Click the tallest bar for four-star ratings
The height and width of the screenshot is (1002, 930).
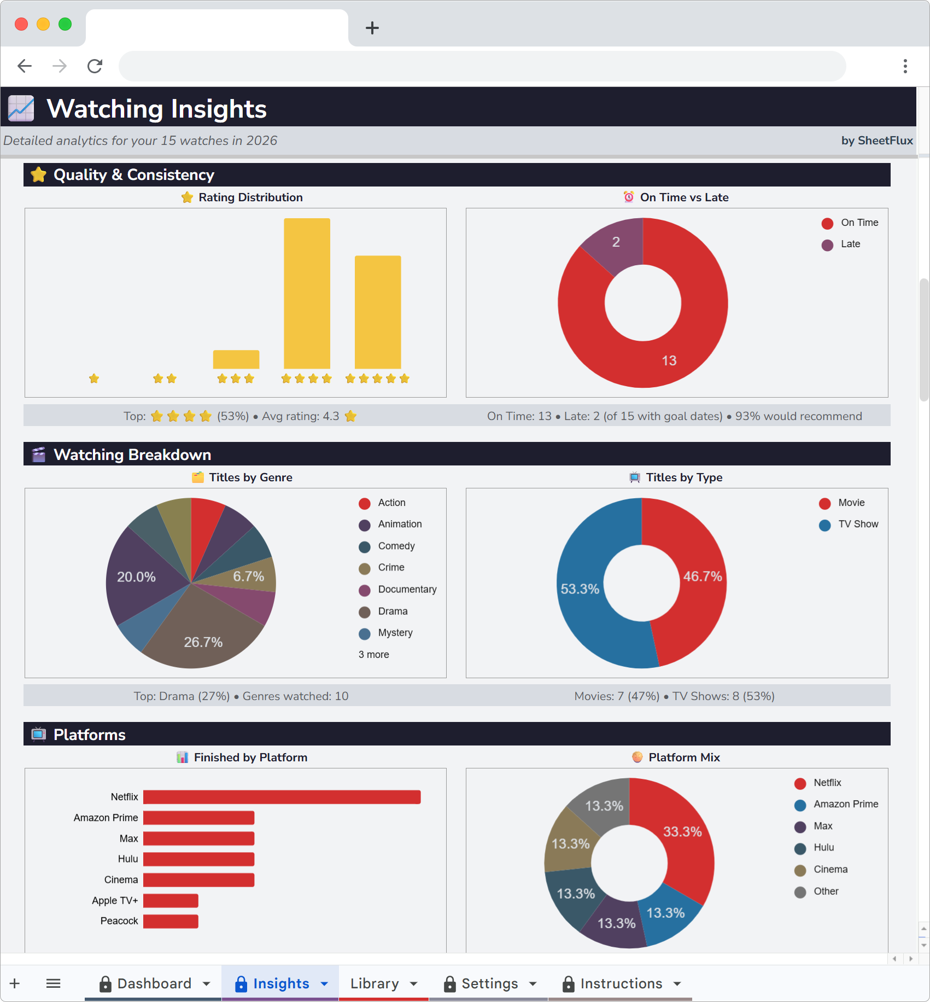coord(307,293)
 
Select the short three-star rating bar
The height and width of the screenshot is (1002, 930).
coord(236,359)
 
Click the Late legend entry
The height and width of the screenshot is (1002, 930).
coord(850,244)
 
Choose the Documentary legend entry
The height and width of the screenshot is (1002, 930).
coord(407,589)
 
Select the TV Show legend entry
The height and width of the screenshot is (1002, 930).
coord(858,524)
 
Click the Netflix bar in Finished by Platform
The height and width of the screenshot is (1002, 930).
coord(282,797)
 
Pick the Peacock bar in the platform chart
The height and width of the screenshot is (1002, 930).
coord(171,921)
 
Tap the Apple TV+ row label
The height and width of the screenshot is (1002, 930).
coord(115,900)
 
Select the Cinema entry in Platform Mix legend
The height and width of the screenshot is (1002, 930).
coord(830,869)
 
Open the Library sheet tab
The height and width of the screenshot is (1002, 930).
coord(375,983)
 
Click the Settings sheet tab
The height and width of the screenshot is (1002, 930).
coord(489,983)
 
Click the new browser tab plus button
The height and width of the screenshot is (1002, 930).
coord(372,28)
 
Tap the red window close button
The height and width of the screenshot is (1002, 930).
coord(21,24)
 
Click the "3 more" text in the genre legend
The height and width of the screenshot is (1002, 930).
coord(374,655)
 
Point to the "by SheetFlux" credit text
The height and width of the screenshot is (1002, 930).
coord(876,141)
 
